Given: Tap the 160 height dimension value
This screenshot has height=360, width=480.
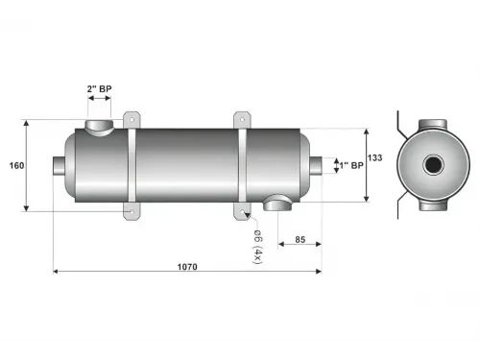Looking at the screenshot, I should [x=16, y=165].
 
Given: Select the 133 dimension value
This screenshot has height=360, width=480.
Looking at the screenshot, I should [x=374, y=158].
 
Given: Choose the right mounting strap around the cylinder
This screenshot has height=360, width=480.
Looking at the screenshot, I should [x=243, y=165].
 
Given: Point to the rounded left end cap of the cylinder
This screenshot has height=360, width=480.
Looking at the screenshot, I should [x=73, y=165].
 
